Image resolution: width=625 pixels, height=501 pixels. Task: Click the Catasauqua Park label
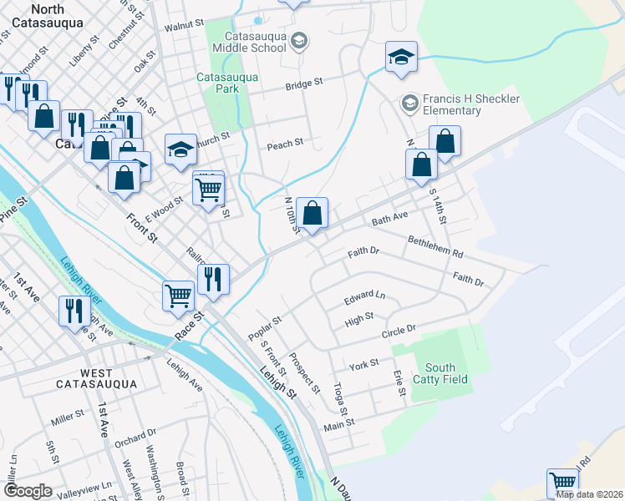click(228, 83)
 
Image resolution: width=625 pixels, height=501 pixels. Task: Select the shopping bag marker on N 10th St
click(312, 213)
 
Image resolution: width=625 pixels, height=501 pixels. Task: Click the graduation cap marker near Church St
click(181, 149)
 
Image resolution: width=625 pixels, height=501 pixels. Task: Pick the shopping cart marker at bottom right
click(563, 483)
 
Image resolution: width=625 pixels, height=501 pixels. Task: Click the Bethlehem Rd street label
click(435, 246)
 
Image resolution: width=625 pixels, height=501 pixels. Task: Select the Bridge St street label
click(304, 84)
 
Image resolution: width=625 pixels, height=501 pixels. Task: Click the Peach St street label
click(285, 144)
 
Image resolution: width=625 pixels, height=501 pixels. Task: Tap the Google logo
click(28, 491)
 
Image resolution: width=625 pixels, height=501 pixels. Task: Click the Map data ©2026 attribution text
click(590, 494)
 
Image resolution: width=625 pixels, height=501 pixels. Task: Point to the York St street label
click(364, 364)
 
